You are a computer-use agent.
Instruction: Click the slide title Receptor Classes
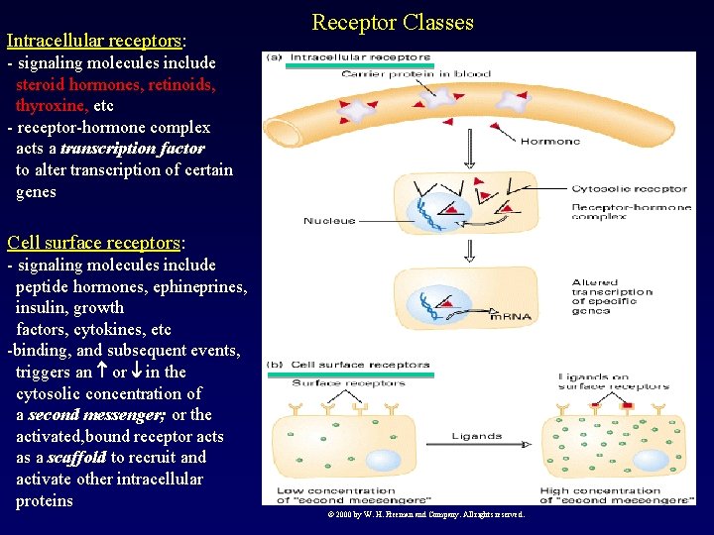coord(393,22)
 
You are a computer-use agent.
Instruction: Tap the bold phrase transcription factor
coord(133,149)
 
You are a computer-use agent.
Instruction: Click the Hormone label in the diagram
coord(549,142)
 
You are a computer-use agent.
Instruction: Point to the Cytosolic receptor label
coord(629,188)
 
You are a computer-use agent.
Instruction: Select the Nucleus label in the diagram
coord(329,220)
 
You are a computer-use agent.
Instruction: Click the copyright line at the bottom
coord(425,514)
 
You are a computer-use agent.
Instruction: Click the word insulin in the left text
coord(43,308)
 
